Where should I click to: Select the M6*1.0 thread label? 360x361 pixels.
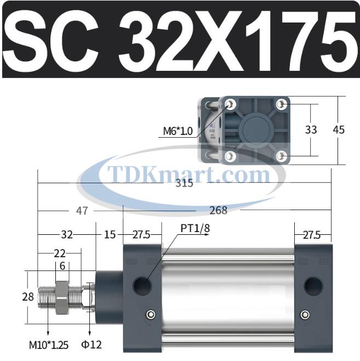click(178, 131)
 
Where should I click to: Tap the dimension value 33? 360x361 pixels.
click(311, 130)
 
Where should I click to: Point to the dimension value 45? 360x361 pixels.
click(339, 130)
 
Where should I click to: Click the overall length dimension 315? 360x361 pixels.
click(184, 184)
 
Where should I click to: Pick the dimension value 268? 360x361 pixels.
click(218, 210)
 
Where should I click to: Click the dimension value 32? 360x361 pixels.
click(67, 234)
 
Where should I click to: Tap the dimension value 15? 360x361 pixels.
click(110, 234)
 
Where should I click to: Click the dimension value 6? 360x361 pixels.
click(62, 266)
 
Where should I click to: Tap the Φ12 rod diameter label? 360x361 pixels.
click(92, 345)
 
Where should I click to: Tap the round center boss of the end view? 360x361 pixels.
click(256, 130)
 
